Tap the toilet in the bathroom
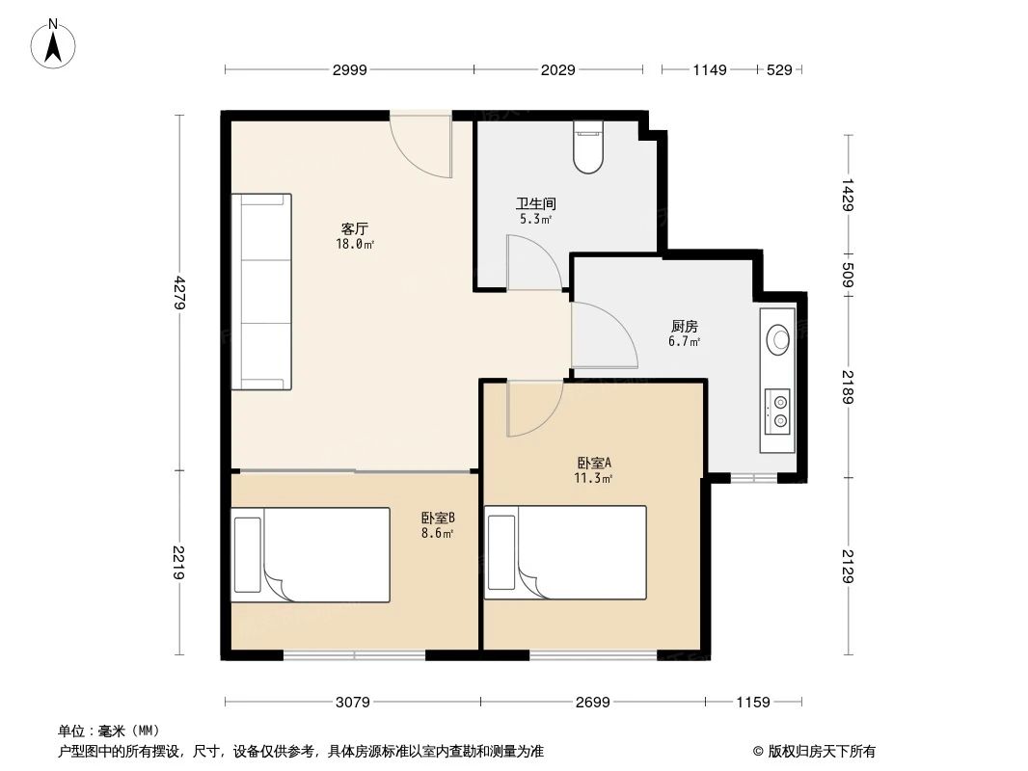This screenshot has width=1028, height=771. [x=587, y=147]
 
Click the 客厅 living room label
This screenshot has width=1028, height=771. [x=355, y=229]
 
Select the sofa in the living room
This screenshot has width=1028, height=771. [x=261, y=291]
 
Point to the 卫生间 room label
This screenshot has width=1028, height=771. [x=535, y=204]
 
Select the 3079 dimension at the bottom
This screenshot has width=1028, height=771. [x=354, y=703]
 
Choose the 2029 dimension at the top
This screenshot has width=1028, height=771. [x=557, y=69]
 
